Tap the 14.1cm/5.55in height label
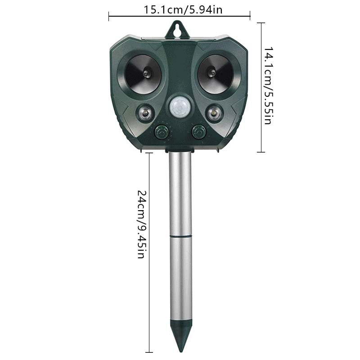267,85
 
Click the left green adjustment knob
161,132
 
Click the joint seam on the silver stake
180,235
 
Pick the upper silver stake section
180,193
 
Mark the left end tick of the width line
109,17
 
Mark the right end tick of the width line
250,17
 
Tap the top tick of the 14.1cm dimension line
261,22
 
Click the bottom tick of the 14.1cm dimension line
261,152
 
